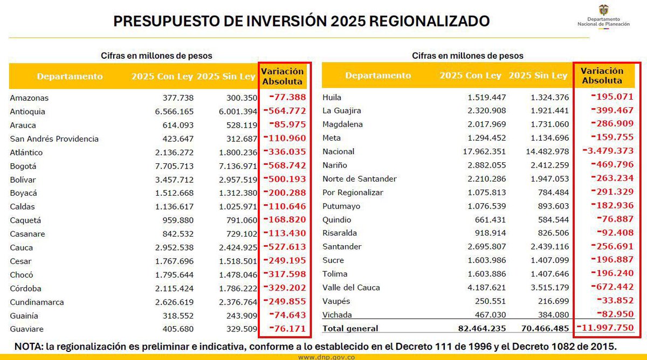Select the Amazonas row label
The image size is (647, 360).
coord(29,98)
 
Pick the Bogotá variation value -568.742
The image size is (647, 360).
coord(285,166)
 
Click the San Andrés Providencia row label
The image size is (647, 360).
coord(54,139)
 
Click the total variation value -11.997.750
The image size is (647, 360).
coord(605,328)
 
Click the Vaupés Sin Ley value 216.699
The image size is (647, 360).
coord(549,301)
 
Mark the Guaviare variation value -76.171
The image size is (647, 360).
coord(285,329)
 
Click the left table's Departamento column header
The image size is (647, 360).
coord(70,77)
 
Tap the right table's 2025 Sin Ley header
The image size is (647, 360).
coord(538,76)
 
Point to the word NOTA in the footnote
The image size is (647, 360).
coord(30,346)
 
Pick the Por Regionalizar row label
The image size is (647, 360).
coord(353,192)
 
